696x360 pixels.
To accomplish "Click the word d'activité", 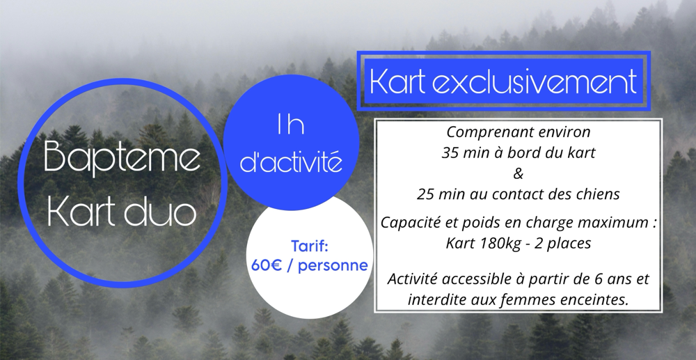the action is tap(291, 162).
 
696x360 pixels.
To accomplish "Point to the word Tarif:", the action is tap(310, 246).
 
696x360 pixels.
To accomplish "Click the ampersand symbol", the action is tap(518, 173).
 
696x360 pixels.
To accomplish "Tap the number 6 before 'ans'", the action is tap(599, 279).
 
